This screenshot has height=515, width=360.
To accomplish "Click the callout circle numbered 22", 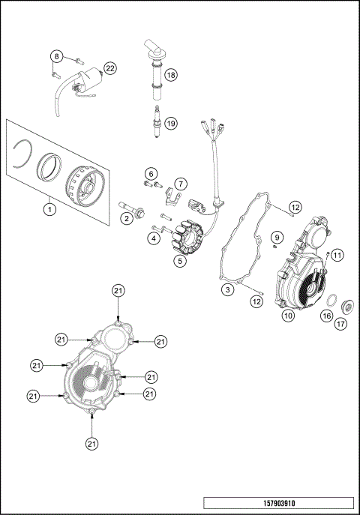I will [110, 68].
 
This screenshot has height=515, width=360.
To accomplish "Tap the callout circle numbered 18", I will [171, 75].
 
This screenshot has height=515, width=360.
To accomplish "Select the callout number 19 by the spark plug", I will [171, 124].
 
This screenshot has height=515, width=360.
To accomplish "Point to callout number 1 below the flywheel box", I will [49, 210].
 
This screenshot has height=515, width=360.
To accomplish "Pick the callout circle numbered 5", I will [180, 261].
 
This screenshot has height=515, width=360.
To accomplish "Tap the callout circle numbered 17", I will [341, 324].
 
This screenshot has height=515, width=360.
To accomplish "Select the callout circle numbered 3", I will [226, 289].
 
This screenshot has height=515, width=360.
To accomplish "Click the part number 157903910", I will [278, 502].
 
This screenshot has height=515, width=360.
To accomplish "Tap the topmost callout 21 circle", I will [118, 290].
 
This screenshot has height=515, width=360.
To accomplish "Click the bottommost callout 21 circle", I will [91, 443].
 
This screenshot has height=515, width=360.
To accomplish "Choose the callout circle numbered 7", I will [181, 184].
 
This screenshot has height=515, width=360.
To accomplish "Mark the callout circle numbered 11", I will [337, 256].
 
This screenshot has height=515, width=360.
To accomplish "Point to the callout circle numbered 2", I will [127, 218].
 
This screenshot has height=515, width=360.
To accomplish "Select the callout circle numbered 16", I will [326, 316].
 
